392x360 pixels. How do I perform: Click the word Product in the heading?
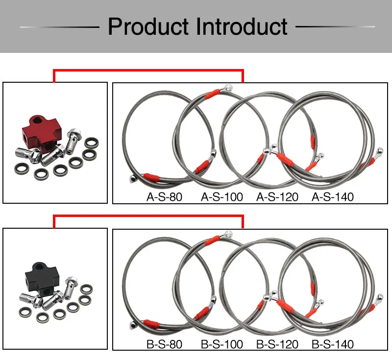(x=148, y=26)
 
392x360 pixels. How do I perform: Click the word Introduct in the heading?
(x=242, y=26)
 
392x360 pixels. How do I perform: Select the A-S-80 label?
(x=164, y=197)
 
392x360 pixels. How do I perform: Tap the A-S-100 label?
(x=222, y=197)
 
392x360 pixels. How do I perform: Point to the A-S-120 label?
(x=277, y=197)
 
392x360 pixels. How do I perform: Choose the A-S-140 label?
(x=333, y=197)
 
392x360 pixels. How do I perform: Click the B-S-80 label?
(x=164, y=344)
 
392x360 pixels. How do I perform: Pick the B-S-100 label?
(x=222, y=344)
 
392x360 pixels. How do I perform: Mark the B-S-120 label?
(x=277, y=344)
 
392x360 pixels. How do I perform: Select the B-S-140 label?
(x=333, y=344)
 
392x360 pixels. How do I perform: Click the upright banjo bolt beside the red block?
(x=73, y=141)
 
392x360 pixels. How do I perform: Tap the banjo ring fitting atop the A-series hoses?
(x=228, y=88)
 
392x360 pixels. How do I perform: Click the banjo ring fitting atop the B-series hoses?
(x=228, y=234)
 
